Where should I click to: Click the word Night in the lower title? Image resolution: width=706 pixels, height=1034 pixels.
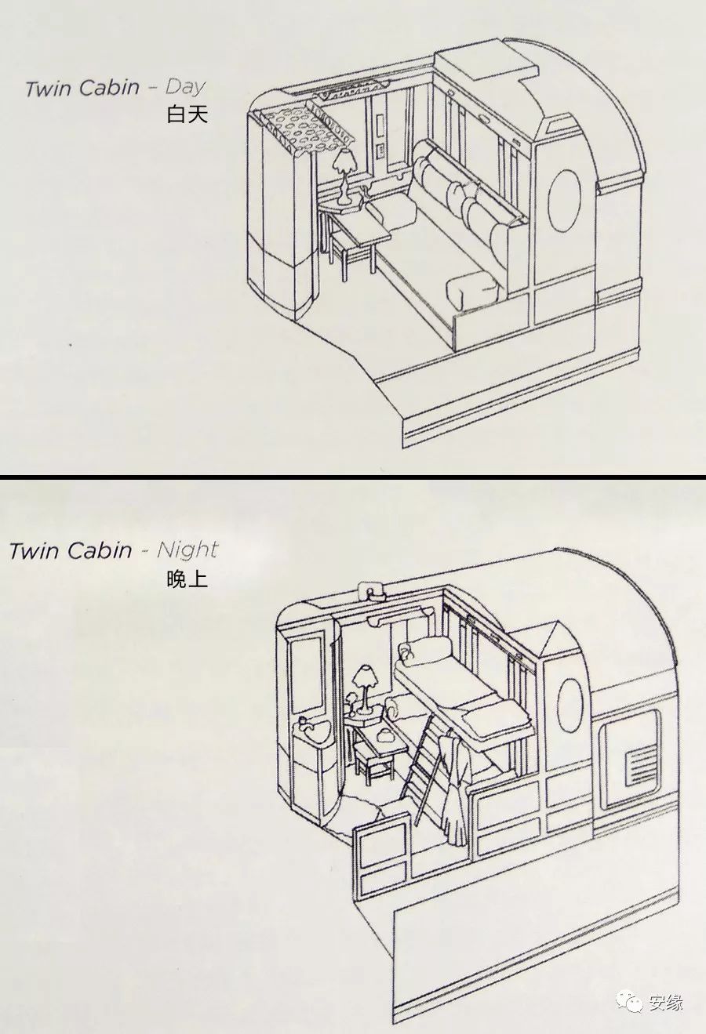pyautogui.click(x=187, y=550)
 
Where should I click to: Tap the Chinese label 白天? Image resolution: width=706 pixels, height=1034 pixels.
pyautogui.click(x=187, y=114)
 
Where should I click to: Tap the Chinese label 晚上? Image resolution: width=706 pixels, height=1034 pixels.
pyautogui.click(x=187, y=579)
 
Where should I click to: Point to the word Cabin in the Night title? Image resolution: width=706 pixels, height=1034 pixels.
pyautogui.click(x=97, y=550)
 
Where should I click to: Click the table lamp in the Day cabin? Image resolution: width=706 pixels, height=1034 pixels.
pyautogui.click(x=344, y=176)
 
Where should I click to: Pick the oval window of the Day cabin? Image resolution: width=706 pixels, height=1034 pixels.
pyautogui.click(x=565, y=201)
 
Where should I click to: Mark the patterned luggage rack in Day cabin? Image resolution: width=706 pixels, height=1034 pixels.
pyautogui.click(x=300, y=126)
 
